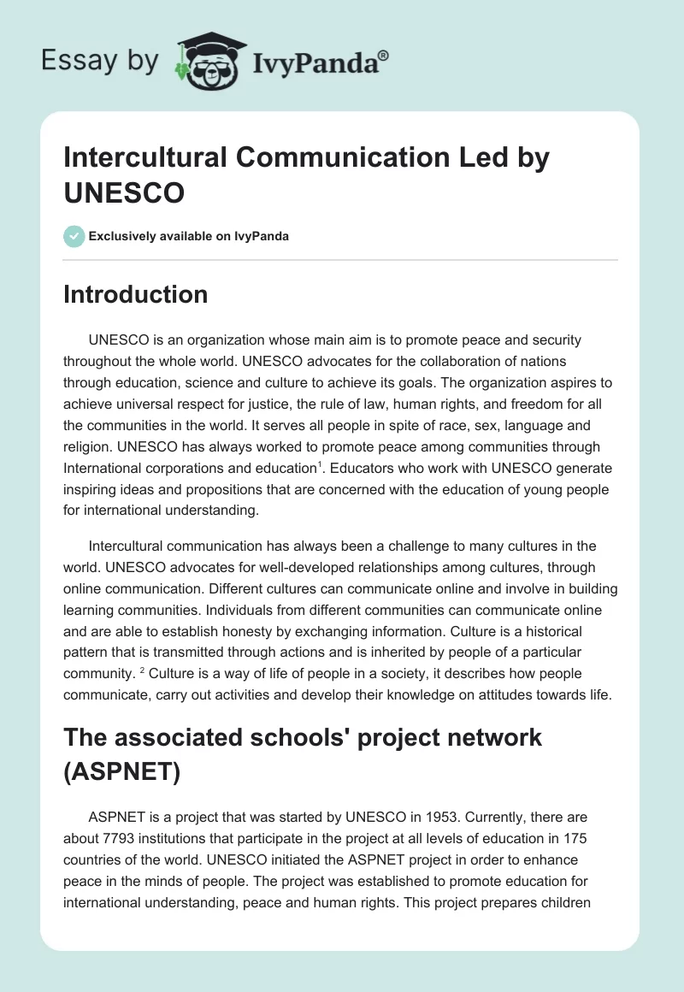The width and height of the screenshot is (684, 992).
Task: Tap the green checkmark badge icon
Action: click(x=74, y=236)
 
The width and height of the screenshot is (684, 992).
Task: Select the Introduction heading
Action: click(x=136, y=294)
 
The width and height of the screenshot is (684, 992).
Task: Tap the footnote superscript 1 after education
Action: click(x=321, y=464)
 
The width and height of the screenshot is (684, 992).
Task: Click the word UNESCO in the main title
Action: click(x=124, y=192)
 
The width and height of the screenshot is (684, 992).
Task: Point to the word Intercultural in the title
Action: click(x=143, y=157)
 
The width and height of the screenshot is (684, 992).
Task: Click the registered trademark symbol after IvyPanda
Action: click(x=384, y=56)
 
